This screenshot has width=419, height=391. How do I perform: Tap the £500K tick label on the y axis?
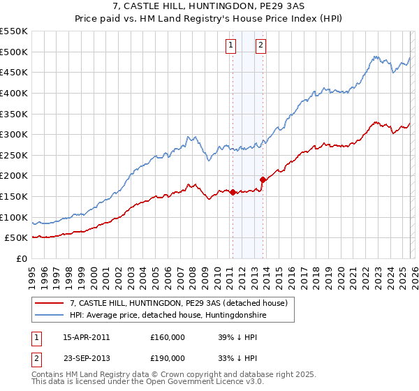tap(14, 52)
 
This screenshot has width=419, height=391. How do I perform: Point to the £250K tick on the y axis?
tap(14, 155)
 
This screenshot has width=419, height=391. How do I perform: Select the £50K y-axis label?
tap(17, 238)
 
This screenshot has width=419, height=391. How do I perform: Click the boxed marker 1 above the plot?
tap(231, 46)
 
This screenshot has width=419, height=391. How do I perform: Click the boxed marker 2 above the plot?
tap(260, 46)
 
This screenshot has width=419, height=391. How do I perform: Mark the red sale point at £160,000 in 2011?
tap(233, 193)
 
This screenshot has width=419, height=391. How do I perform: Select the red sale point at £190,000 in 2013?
tap(263, 180)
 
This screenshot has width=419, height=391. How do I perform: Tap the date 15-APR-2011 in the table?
tap(86, 337)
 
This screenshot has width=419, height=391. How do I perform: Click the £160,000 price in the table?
tap(168, 337)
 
